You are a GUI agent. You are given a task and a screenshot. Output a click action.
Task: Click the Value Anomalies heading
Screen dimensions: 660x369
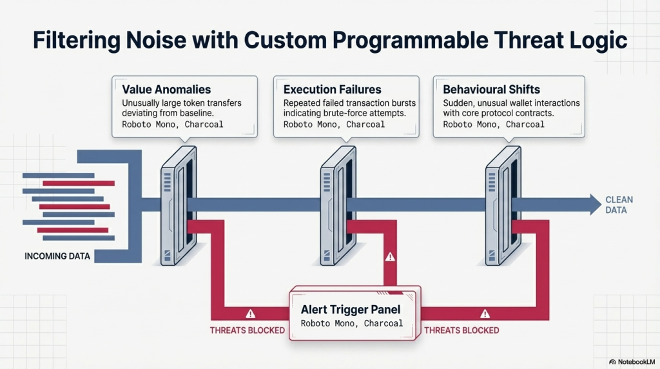[166, 89]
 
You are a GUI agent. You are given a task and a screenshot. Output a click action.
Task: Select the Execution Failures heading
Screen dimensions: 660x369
[332, 89]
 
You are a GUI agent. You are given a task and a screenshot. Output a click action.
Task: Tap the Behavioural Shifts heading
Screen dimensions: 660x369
[491, 89]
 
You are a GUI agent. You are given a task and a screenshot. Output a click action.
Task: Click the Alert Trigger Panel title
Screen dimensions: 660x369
[351, 310]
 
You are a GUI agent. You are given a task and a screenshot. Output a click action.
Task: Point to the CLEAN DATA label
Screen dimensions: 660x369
[619, 204]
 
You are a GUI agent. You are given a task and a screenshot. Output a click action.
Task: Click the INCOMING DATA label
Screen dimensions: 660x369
[57, 256]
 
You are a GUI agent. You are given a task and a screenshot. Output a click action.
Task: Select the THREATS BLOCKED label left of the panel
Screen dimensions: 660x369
[247, 330]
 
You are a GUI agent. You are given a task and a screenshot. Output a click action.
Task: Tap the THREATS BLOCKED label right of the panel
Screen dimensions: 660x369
[461, 330]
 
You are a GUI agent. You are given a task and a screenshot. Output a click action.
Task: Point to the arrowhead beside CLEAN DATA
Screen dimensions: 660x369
[595, 204]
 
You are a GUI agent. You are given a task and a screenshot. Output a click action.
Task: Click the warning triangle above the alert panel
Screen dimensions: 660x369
[390, 257]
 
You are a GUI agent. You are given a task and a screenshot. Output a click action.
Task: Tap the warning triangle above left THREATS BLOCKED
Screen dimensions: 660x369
[251, 314]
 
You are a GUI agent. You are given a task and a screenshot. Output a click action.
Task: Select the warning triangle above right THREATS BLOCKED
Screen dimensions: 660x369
[485, 314]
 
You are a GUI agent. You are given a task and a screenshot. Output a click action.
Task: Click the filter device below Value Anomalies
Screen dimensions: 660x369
[179, 206]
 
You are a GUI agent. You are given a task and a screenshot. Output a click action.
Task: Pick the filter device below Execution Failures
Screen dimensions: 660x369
[338, 206]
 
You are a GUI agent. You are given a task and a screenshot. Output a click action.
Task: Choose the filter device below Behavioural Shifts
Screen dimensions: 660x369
[503, 206]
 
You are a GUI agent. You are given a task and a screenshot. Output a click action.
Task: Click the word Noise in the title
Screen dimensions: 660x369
[156, 40]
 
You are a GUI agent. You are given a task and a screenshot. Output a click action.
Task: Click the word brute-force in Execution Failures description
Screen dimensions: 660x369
[344, 113]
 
